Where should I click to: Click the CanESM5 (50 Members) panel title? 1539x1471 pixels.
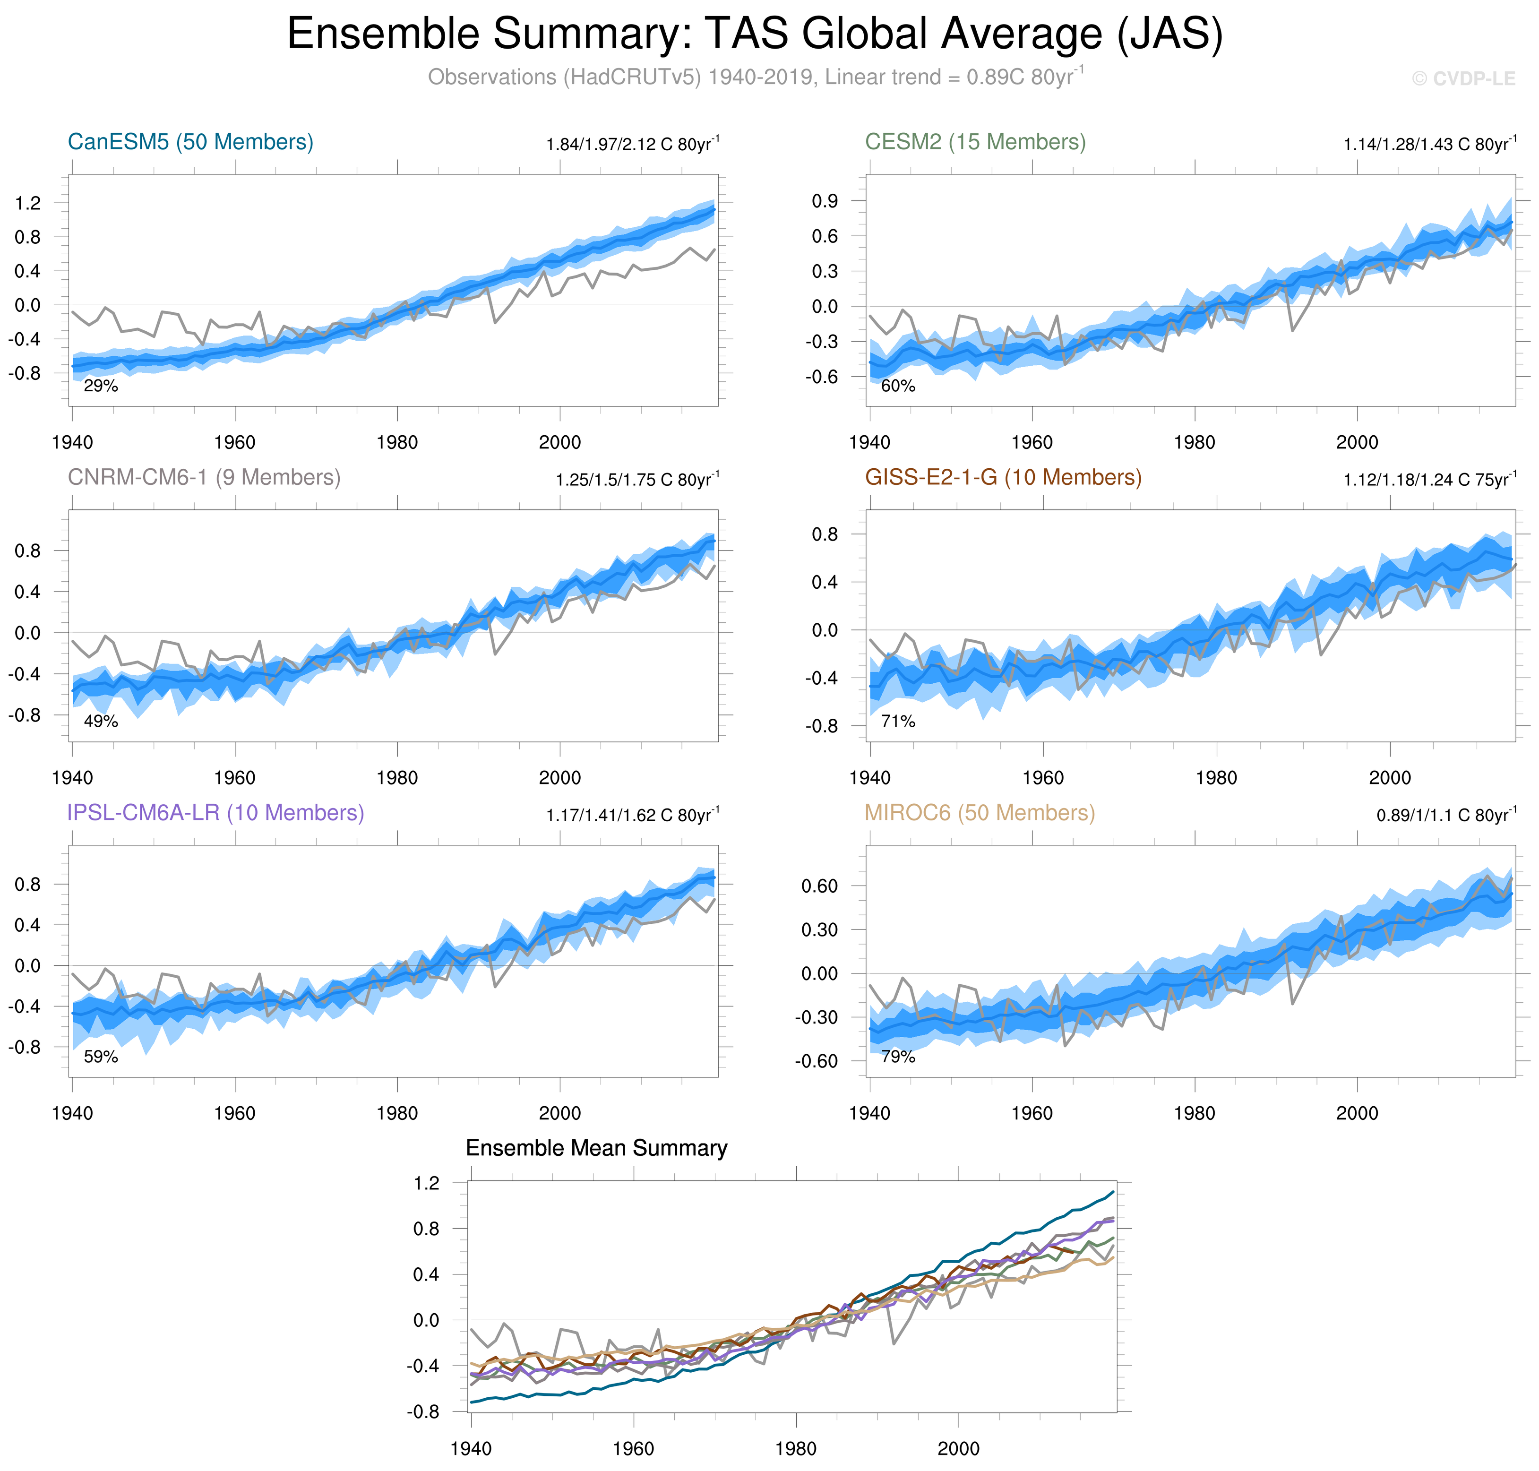tap(190, 142)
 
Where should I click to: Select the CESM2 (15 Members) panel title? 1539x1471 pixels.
tap(975, 142)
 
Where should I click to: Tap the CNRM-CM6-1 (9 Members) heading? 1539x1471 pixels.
tap(204, 478)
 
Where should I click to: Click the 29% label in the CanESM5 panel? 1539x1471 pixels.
tap(101, 386)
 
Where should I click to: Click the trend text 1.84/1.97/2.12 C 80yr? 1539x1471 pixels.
tap(632, 144)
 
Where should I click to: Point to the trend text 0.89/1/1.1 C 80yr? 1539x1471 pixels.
tap(1446, 816)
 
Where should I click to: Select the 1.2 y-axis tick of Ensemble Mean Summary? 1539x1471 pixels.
tap(427, 1183)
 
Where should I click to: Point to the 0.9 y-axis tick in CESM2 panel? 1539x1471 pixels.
tap(825, 201)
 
